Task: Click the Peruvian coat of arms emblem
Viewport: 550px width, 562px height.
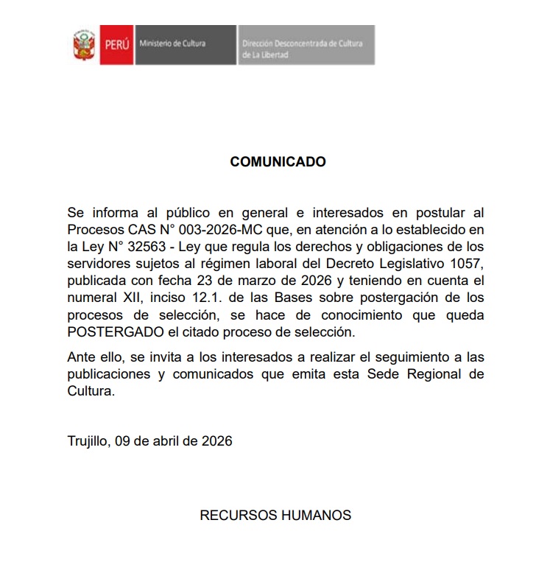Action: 83,44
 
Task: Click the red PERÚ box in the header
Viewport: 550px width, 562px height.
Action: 115,44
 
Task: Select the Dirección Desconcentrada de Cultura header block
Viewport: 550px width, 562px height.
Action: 305,45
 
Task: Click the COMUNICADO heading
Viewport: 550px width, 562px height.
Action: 278,161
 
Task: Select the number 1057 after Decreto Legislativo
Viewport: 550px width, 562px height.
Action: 468,263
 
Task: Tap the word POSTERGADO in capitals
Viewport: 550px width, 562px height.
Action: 108,332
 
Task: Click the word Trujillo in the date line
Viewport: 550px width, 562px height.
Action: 88,441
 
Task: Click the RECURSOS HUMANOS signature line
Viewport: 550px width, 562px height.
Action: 275,515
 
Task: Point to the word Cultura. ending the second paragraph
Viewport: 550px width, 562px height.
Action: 91,392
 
